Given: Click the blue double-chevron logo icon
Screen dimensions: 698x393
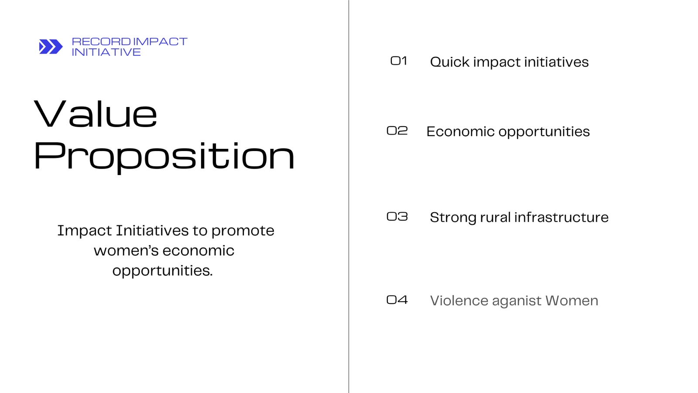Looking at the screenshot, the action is pyautogui.click(x=51, y=47).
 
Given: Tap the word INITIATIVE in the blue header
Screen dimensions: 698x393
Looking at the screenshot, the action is pyautogui.click(x=106, y=52).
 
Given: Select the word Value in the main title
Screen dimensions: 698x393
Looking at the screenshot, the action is pyautogui.click(x=96, y=114).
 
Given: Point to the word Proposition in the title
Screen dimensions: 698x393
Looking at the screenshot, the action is pyautogui.click(x=164, y=156).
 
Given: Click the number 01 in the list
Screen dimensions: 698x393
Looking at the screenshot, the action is pyautogui.click(x=399, y=61).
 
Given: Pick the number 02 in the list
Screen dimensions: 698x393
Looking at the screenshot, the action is pyautogui.click(x=397, y=131).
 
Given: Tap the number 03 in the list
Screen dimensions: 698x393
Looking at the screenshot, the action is pyautogui.click(x=397, y=217).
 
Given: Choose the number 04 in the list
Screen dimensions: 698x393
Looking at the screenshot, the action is pyautogui.click(x=397, y=300).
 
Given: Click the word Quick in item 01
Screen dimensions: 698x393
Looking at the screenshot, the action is pyautogui.click(x=450, y=62).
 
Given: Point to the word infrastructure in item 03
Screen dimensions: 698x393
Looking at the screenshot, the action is pyautogui.click(x=561, y=217).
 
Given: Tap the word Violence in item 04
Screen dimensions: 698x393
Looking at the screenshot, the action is pyautogui.click(x=459, y=301).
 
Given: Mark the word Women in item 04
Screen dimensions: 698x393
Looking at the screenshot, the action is pyautogui.click(x=572, y=301).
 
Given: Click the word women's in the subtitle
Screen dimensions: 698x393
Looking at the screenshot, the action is pyautogui.click(x=126, y=251).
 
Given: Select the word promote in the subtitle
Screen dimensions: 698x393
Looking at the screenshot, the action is pyautogui.click(x=243, y=231).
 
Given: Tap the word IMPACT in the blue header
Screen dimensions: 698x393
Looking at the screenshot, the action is pyautogui.click(x=160, y=41).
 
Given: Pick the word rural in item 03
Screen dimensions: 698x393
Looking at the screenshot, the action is pyautogui.click(x=495, y=217).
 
